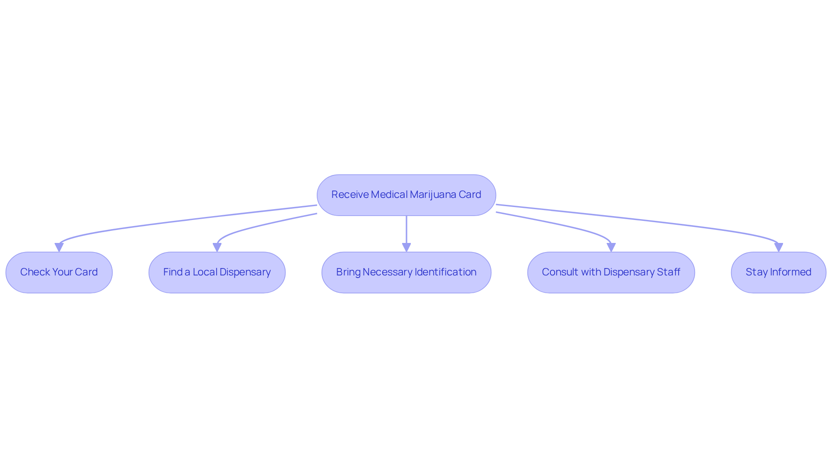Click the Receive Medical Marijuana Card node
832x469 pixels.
click(406, 195)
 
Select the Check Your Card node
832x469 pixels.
click(59, 272)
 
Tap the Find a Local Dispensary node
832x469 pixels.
click(217, 272)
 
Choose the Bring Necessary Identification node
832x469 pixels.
click(406, 272)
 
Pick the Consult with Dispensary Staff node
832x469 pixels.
click(611, 272)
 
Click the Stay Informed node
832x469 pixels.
click(778, 272)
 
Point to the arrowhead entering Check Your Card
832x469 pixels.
click(59, 247)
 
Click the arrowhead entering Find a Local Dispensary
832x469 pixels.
click(217, 247)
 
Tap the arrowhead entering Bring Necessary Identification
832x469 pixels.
click(406, 247)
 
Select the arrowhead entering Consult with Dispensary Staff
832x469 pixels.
click(611, 247)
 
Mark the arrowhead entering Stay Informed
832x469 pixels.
click(779, 247)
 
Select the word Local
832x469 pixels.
click(205, 272)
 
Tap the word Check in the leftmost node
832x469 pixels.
click(35, 272)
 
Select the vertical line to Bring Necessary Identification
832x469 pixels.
click(406, 230)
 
